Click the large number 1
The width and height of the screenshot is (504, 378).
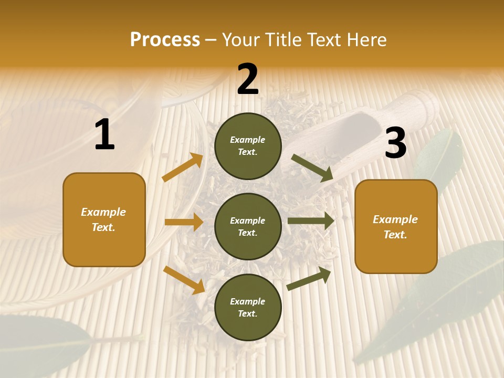pos(104,135)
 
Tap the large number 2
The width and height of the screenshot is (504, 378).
pos(248,79)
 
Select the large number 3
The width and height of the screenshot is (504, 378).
pos(395,143)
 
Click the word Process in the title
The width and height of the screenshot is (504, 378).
pos(165,39)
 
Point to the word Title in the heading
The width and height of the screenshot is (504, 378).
pos(284,39)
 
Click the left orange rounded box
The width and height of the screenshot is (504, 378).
pos(104,219)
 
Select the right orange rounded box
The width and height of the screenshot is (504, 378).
pos(396,226)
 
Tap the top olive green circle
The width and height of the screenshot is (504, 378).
pos(248,146)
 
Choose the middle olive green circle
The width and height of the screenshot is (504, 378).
pos(248,226)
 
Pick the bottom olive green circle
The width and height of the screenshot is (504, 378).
pos(248,307)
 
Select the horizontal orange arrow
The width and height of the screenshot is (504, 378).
pos(184,222)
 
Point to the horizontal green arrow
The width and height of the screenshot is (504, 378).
pos(311,221)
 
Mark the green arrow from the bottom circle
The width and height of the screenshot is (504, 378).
pos(309,279)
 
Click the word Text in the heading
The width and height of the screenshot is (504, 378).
pos(324,39)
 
